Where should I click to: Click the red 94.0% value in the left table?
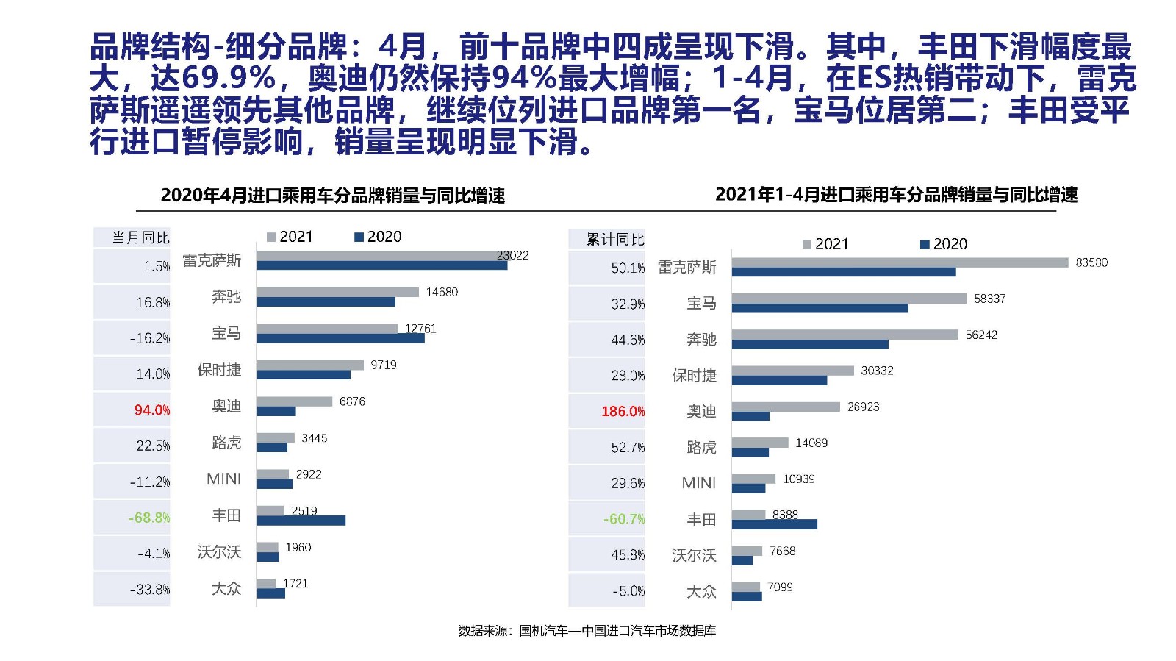click(x=151, y=410)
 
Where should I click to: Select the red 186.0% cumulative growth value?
click(x=623, y=411)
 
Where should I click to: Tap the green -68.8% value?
click(x=149, y=518)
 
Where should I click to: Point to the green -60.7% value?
click(x=624, y=519)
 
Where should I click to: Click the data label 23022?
click(x=512, y=255)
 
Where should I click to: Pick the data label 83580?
click(x=1091, y=262)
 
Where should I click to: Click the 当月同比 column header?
click(x=140, y=237)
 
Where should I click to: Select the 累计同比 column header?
click(x=615, y=239)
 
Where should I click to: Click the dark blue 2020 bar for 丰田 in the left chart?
click(x=301, y=521)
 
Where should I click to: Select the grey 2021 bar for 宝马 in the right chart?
click(x=848, y=298)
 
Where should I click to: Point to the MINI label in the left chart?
click(x=223, y=479)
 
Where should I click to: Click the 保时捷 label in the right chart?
click(x=694, y=376)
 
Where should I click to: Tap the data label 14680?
click(x=442, y=292)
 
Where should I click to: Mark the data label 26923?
click(x=863, y=407)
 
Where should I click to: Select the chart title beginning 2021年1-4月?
click(x=896, y=195)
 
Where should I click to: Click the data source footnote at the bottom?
click(x=587, y=631)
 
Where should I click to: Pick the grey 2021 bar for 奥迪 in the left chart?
click(x=294, y=401)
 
